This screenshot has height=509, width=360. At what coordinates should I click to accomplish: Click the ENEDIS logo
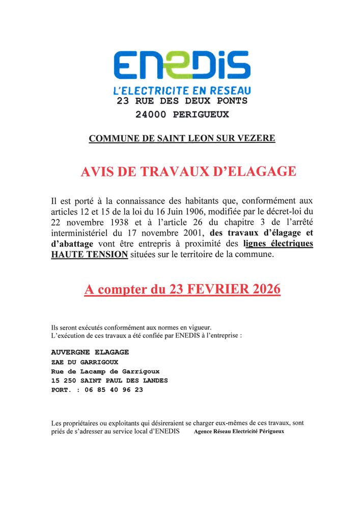[x=182, y=65]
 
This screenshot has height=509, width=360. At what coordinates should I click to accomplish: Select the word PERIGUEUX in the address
[x=201, y=115]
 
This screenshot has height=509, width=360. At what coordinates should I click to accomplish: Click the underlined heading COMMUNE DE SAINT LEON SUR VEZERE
[x=182, y=138]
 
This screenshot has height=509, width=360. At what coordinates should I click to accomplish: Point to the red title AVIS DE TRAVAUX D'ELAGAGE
[x=188, y=172]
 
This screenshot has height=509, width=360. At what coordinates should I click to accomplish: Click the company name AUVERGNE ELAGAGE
[x=90, y=352]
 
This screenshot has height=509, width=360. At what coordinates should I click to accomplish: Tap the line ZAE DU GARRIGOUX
[x=85, y=362]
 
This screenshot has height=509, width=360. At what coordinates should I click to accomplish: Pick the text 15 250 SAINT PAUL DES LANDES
[x=109, y=381]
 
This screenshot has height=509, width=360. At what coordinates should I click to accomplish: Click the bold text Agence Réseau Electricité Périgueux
[x=239, y=432]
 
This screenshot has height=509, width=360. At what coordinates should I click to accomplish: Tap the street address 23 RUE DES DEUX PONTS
[x=182, y=101]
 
